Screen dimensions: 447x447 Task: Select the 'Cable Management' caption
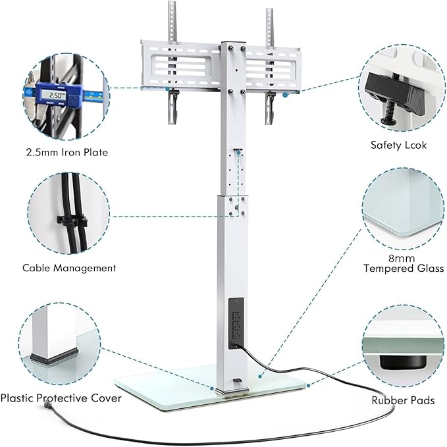69,268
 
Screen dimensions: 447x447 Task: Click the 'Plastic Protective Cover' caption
61,398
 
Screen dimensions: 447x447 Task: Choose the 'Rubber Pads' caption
404,400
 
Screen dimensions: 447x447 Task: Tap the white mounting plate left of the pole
181,65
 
